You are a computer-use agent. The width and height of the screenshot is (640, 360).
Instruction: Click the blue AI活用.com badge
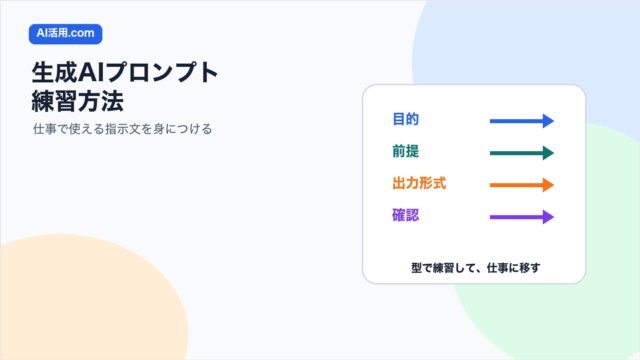click(65, 33)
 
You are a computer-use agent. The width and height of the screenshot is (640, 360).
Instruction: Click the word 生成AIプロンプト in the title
click(125, 73)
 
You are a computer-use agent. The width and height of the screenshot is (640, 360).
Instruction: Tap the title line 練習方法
click(78, 101)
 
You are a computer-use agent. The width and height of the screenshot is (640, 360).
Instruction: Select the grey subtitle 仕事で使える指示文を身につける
click(122, 129)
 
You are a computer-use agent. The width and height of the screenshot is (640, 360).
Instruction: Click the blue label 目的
click(405, 119)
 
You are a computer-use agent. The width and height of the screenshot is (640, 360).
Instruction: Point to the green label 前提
click(405, 151)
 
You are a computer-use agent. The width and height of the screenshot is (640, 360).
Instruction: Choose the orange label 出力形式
click(419, 183)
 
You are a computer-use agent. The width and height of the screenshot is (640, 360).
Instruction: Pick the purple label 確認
click(405, 215)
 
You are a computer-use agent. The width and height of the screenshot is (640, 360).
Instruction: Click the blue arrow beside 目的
click(522, 121)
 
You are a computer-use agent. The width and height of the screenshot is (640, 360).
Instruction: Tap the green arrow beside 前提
click(522, 153)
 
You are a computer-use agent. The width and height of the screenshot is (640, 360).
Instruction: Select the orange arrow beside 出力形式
click(522, 185)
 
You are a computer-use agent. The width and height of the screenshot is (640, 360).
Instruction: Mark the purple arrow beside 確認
click(522, 217)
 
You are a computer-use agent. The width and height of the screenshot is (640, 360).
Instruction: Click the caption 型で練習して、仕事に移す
click(476, 268)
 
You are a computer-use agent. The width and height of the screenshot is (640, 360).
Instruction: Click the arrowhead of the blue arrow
click(548, 121)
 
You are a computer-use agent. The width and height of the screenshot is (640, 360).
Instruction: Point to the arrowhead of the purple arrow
click(548, 217)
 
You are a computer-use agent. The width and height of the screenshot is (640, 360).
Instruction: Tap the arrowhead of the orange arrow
click(548, 185)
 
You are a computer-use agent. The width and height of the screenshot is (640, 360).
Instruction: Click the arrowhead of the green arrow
click(548, 153)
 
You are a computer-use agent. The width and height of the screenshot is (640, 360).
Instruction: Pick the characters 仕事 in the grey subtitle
click(45, 129)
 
